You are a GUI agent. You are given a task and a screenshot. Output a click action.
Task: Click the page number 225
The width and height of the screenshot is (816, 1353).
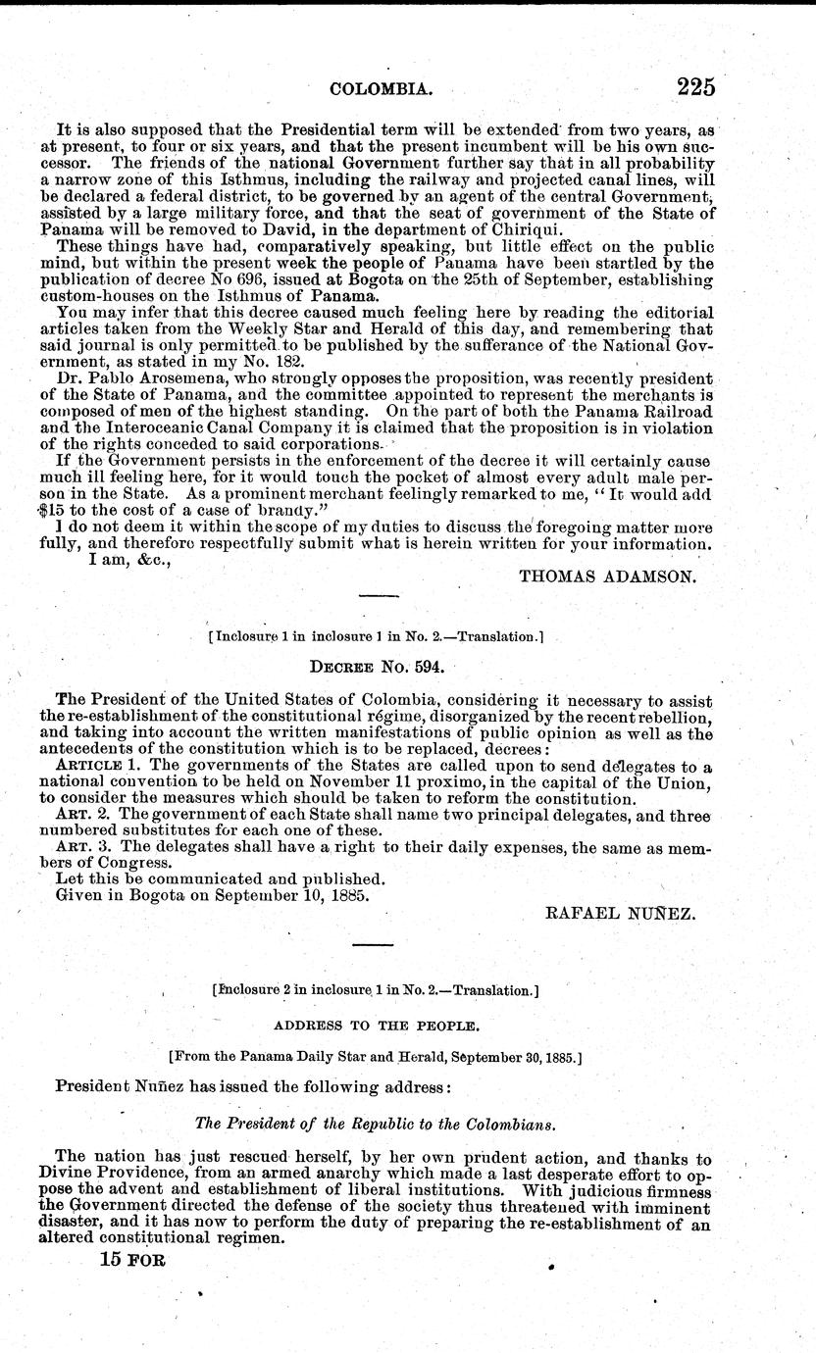coord(694,87)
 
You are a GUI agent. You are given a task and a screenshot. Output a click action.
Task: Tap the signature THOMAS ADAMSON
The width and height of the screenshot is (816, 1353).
coord(607,576)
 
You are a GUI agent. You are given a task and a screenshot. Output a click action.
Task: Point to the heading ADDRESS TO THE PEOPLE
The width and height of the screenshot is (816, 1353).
coord(377,1025)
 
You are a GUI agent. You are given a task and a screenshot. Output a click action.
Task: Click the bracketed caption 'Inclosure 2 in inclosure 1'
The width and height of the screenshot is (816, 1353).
coord(377,991)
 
